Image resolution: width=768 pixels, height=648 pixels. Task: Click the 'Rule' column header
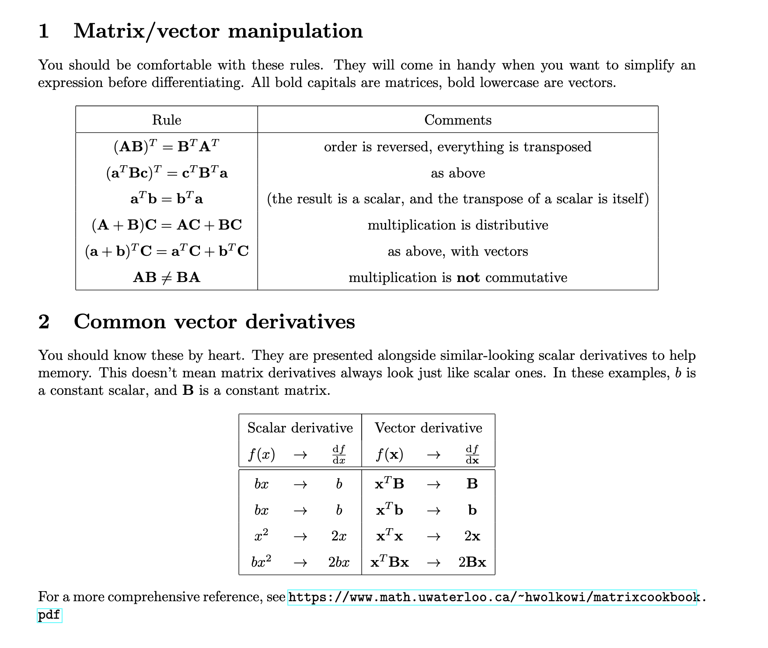[167, 120]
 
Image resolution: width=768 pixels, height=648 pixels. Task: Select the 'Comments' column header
[457, 120]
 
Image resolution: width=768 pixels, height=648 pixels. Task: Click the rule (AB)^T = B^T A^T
[166, 146]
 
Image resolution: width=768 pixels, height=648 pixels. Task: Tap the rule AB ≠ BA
[166, 277]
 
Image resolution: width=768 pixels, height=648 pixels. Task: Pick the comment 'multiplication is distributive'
[457, 225]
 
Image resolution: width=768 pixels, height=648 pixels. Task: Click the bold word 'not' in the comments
[468, 278]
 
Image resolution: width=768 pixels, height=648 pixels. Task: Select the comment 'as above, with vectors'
[457, 251]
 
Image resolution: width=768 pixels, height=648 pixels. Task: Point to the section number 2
[44, 322]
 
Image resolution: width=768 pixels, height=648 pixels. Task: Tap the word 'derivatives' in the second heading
[300, 322]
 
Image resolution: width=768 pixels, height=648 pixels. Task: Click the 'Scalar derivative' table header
[300, 428]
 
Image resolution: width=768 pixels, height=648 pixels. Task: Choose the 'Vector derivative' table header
[428, 428]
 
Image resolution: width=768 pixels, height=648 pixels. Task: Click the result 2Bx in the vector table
[472, 562]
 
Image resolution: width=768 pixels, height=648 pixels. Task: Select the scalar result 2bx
[339, 562]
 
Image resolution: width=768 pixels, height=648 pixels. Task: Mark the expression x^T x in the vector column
[389, 536]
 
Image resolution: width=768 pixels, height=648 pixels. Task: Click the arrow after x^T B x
[433, 562]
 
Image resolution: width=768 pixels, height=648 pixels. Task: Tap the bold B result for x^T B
[472, 484]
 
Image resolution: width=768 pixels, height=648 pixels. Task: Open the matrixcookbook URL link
[492, 597]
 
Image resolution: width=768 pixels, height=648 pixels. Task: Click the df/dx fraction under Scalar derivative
[339, 454]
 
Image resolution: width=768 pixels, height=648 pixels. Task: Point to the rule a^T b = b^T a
[166, 199]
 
